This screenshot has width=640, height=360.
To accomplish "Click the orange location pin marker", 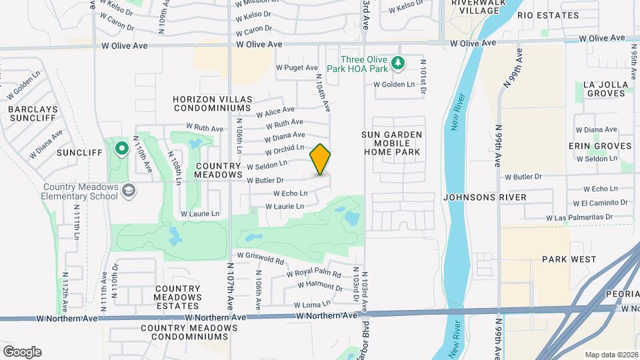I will (x=320, y=159).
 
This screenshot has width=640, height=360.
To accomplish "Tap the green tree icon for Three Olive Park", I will (x=398, y=63).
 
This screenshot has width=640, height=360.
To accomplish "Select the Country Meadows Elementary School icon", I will (x=127, y=192).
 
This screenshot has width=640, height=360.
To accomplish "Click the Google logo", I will (x=22, y=351).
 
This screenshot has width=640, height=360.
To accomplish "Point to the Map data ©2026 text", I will (x=611, y=354).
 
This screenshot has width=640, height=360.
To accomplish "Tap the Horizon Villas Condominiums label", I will (x=213, y=105).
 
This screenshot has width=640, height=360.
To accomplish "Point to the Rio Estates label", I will (x=548, y=15).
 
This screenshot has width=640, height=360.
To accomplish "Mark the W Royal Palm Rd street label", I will (x=313, y=273).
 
